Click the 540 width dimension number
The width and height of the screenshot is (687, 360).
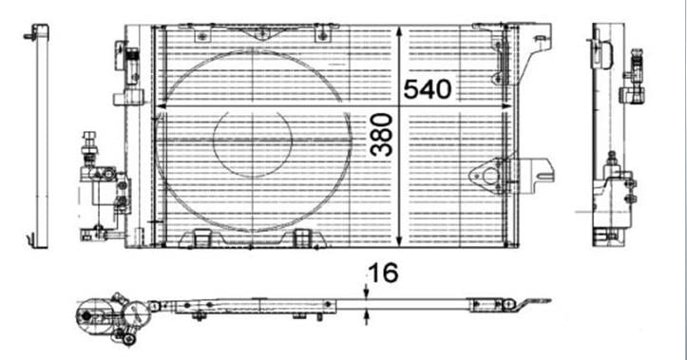click(428, 89)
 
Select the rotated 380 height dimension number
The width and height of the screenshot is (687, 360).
click(381, 135)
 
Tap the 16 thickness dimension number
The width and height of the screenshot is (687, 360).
click(384, 273)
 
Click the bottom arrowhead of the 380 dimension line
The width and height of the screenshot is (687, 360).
click(399, 240)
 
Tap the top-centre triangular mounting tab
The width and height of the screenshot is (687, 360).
click(261, 33)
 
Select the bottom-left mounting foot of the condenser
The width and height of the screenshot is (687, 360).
click(200, 237)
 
